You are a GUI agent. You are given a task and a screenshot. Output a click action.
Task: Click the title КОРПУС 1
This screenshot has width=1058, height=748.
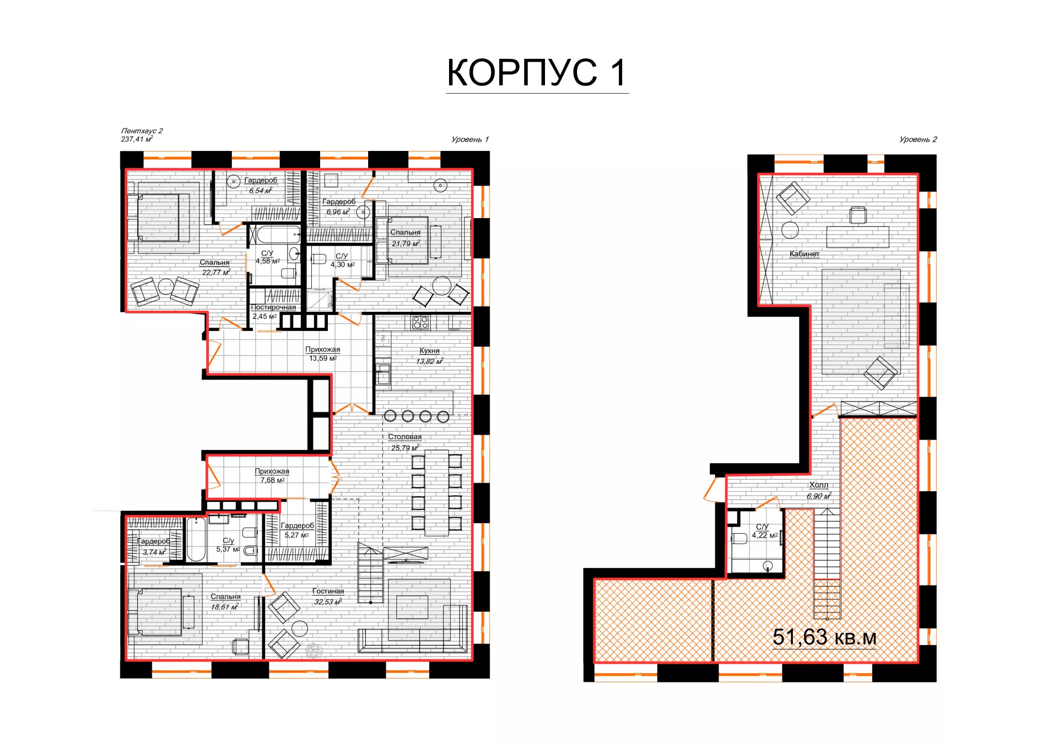click(537, 73)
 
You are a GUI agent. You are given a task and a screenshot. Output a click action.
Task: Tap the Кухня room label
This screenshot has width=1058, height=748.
click(429, 350)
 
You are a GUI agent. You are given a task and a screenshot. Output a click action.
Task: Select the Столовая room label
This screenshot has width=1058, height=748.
click(404, 437)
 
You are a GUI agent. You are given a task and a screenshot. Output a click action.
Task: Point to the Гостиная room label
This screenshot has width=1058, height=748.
click(328, 591)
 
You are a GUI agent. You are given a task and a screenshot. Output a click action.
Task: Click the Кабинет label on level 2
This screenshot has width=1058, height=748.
click(805, 254)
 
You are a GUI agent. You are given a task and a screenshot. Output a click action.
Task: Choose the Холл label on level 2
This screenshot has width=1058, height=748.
click(818, 485)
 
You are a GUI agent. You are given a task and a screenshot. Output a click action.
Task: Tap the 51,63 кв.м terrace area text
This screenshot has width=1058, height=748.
click(824, 637)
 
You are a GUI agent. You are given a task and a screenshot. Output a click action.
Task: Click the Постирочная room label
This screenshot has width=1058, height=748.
click(273, 307)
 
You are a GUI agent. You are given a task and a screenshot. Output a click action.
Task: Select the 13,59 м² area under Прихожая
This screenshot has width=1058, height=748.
click(323, 359)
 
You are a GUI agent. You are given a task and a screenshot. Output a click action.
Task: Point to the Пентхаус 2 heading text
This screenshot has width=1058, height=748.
click(142, 131)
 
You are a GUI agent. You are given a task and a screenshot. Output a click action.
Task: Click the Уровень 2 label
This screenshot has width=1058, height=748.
click(918, 139)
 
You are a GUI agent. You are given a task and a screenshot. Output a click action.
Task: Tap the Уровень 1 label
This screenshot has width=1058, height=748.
click(470, 139)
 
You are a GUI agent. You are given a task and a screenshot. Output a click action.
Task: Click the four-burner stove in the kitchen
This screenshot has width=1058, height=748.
click(420, 322)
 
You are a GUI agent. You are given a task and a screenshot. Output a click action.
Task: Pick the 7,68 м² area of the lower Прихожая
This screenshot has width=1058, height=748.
click(273, 480)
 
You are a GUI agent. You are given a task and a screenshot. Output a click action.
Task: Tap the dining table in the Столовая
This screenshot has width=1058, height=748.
click(436, 493)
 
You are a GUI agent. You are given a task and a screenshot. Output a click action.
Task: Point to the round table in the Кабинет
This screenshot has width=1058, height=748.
click(790, 230)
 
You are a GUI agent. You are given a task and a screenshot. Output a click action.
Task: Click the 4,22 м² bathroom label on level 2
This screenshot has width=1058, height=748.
click(765, 535)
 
